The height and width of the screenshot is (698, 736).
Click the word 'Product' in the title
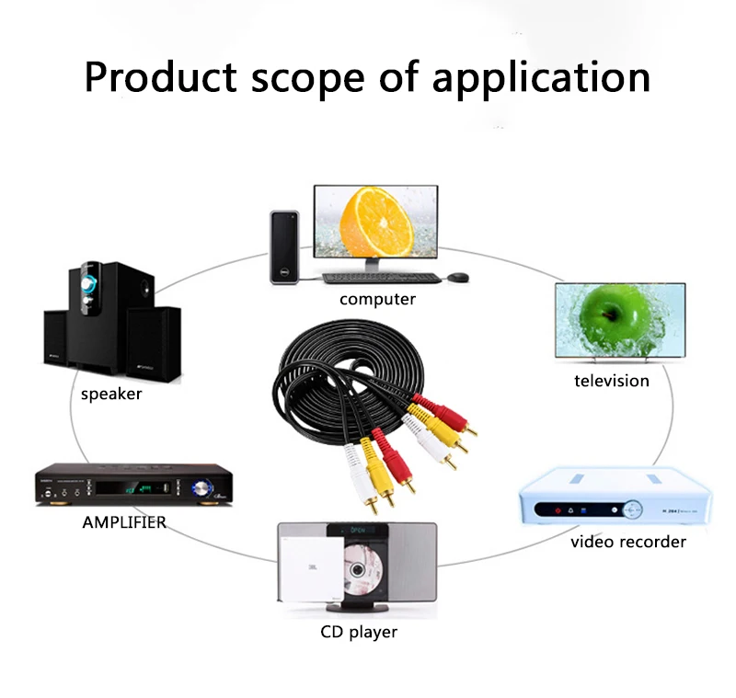(160, 77)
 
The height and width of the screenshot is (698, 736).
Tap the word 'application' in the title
(541, 79)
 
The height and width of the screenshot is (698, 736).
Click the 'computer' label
(377, 299)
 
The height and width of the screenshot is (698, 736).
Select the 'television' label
(612, 381)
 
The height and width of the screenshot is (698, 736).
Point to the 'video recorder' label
(628, 542)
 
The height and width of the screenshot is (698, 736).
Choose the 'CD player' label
(359, 632)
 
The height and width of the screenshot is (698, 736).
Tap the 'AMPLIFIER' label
(124, 522)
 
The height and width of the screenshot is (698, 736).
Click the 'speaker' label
(111, 394)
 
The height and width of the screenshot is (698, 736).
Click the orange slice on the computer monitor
(376, 222)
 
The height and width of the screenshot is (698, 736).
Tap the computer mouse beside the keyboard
(457, 277)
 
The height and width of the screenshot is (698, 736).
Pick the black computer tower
(284, 247)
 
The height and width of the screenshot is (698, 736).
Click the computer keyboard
(382, 278)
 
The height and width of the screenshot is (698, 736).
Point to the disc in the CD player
(360, 568)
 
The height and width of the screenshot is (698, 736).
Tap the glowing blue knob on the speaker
(87, 283)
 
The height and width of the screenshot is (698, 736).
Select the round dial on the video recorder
(632, 509)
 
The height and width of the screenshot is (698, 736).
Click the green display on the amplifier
(139, 489)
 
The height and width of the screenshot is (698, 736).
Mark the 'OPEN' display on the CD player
(358, 530)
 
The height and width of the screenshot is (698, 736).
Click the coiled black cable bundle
(349, 375)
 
